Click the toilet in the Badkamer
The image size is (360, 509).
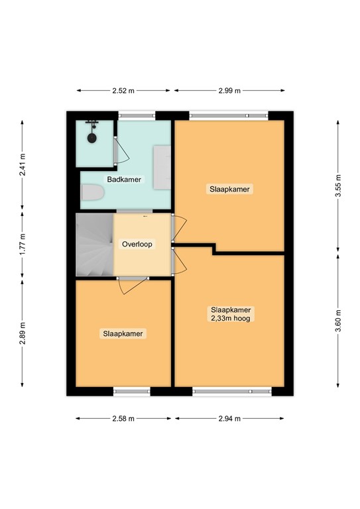pyautogui.click(x=93, y=194)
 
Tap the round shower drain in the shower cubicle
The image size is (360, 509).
pyautogui.click(x=92, y=138)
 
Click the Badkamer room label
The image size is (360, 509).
pyautogui.click(x=124, y=180)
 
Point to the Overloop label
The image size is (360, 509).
pyautogui.click(x=137, y=244)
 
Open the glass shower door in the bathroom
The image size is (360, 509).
pyautogui.click(x=117, y=151)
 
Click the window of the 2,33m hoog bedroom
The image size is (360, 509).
pyautogui.click(x=231, y=392)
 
